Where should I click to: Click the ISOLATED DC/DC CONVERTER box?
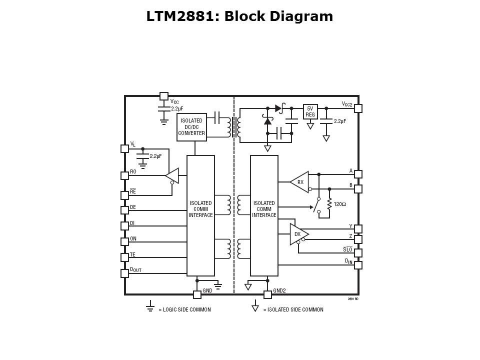[191, 127]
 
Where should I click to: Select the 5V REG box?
[310, 111]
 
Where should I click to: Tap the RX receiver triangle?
[299, 182]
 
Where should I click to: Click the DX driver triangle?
[298, 234]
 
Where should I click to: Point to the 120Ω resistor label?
[340, 204]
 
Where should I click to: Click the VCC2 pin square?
[358, 108]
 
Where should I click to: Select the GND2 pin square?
[267, 294]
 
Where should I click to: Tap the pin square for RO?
[124, 175]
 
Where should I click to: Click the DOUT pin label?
[135, 269]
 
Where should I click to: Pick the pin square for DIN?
[358, 265]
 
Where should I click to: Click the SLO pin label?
[347, 249]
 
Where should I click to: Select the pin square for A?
[358, 174]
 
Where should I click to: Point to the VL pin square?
[124, 148]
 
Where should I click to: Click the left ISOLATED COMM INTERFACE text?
[200, 209]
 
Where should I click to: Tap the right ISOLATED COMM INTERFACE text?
[264, 209]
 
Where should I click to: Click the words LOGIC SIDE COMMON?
[184, 310]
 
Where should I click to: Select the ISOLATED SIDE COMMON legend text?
[293, 310]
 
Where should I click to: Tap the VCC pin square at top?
[163, 96]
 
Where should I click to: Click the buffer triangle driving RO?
[172, 175]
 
